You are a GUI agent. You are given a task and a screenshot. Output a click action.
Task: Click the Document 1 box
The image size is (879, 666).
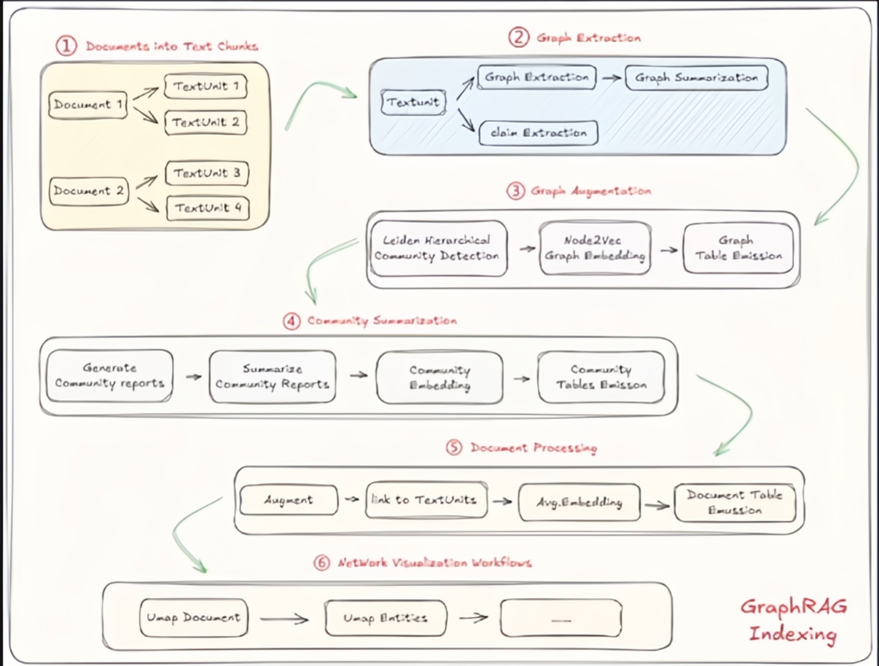coord(87,105)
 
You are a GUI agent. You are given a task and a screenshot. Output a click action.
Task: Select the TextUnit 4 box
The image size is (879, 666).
coord(207,208)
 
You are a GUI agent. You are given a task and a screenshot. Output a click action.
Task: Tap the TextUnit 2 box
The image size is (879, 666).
coord(206,122)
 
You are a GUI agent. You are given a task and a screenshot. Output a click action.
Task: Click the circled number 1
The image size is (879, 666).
coord(66,47)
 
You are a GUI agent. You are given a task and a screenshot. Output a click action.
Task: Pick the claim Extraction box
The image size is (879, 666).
coord(539,133)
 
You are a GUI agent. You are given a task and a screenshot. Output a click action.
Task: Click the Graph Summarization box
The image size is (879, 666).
coord(697,77)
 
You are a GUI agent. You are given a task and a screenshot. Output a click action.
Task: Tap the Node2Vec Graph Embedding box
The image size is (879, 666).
coord(595,248)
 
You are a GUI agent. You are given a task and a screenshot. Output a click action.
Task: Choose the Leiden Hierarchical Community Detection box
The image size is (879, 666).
coord(438,248)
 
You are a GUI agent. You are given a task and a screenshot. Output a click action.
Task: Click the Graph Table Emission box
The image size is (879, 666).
coord(738,248)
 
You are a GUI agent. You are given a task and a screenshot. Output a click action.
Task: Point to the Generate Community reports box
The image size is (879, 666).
coord(109,376)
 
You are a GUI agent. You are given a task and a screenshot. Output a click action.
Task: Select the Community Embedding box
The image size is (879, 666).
coord(439,377)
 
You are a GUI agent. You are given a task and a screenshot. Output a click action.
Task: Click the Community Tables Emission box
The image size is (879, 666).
coord(601,377)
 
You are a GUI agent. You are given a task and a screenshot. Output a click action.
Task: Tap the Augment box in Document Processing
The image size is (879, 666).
coord(289,501)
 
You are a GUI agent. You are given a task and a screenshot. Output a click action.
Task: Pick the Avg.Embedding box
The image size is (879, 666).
coord(579,503)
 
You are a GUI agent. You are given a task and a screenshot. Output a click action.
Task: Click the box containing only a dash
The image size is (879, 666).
coord(560,619)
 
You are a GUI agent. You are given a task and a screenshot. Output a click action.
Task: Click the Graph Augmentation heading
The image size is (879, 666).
coord(590,192)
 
